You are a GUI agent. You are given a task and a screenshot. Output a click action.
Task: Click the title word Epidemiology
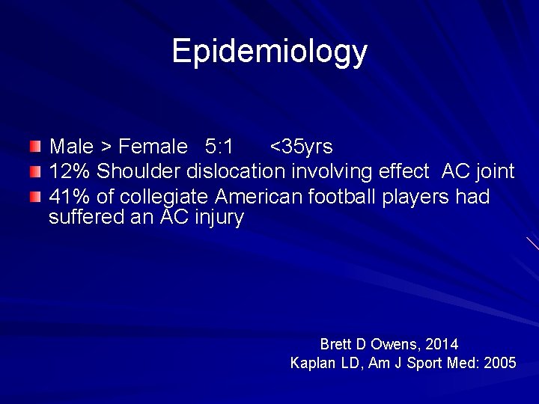[269, 52]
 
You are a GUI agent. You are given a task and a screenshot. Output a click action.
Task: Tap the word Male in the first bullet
[70, 145]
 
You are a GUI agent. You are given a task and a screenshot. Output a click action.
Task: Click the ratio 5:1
[213, 145]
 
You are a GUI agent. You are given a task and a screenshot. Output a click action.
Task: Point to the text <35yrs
[301, 145]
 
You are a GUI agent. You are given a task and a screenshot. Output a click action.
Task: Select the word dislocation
[236, 171]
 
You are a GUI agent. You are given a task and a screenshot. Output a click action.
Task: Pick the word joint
[495, 171]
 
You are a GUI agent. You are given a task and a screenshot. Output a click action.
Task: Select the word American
[255, 197]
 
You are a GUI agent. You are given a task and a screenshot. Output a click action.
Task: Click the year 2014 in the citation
[442, 345]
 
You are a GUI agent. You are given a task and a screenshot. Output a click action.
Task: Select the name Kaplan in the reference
[311, 364]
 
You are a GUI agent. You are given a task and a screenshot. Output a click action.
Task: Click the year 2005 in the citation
[500, 364]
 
